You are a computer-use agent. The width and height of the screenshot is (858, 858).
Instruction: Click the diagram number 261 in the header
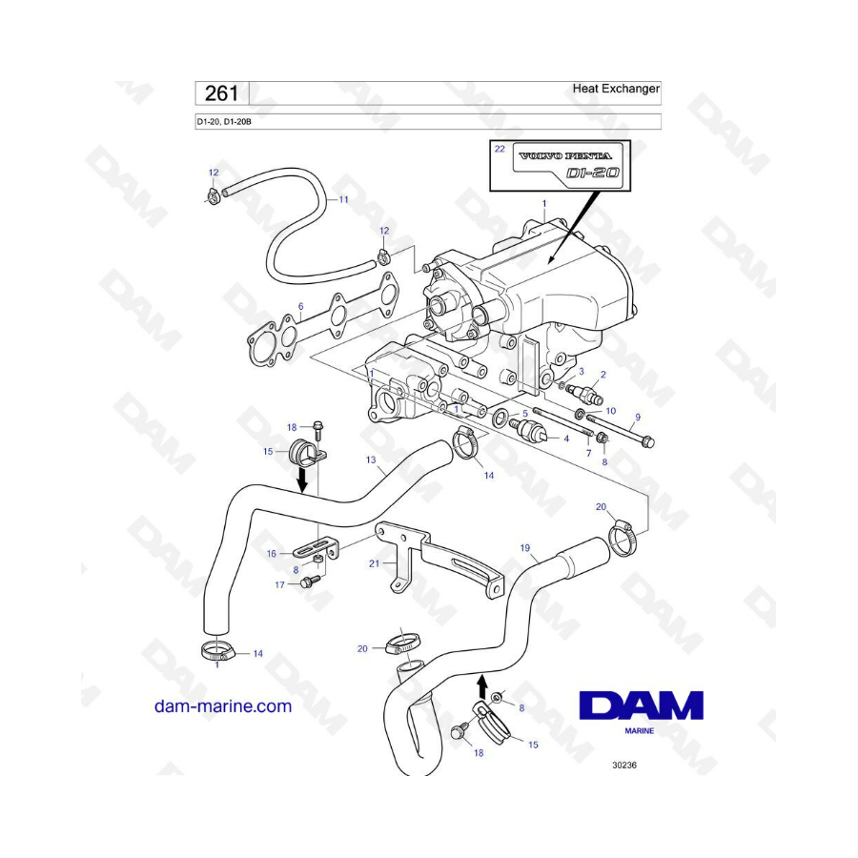click(x=221, y=93)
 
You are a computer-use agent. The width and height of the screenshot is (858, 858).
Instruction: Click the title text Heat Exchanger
click(x=616, y=89)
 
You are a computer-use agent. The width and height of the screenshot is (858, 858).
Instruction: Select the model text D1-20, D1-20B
click(x=224, y=121)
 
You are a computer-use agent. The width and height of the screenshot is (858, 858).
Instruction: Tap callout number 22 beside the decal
click(x=500, y=149)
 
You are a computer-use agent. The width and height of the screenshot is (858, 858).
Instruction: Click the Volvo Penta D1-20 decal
click(x=568, y=165)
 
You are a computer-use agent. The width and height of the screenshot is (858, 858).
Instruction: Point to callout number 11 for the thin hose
click(x=343, y=200)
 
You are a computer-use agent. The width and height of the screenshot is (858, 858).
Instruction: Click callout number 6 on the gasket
click(x=300, y=306)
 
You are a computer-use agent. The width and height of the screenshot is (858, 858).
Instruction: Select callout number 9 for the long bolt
click(x=638, y=417)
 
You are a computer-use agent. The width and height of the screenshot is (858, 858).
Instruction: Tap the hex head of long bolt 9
click(x=647, y=441)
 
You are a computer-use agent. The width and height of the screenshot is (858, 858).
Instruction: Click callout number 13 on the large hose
click(x=371, y=460)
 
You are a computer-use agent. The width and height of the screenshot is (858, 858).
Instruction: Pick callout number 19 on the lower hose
click(x=524, y=548)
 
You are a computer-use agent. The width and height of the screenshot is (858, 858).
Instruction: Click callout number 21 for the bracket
click(x=375, y=563)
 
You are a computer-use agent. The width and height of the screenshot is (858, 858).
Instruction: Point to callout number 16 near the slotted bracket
click(x=272, y=554)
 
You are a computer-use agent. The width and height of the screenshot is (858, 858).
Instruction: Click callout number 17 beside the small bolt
click(x=279, y=585)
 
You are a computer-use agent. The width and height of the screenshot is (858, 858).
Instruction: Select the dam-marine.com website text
click(x=223, y=705)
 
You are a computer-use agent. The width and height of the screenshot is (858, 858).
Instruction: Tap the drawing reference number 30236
click(x=624, y=765)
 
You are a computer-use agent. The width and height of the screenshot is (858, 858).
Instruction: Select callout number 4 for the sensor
click(x=566, y=439)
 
